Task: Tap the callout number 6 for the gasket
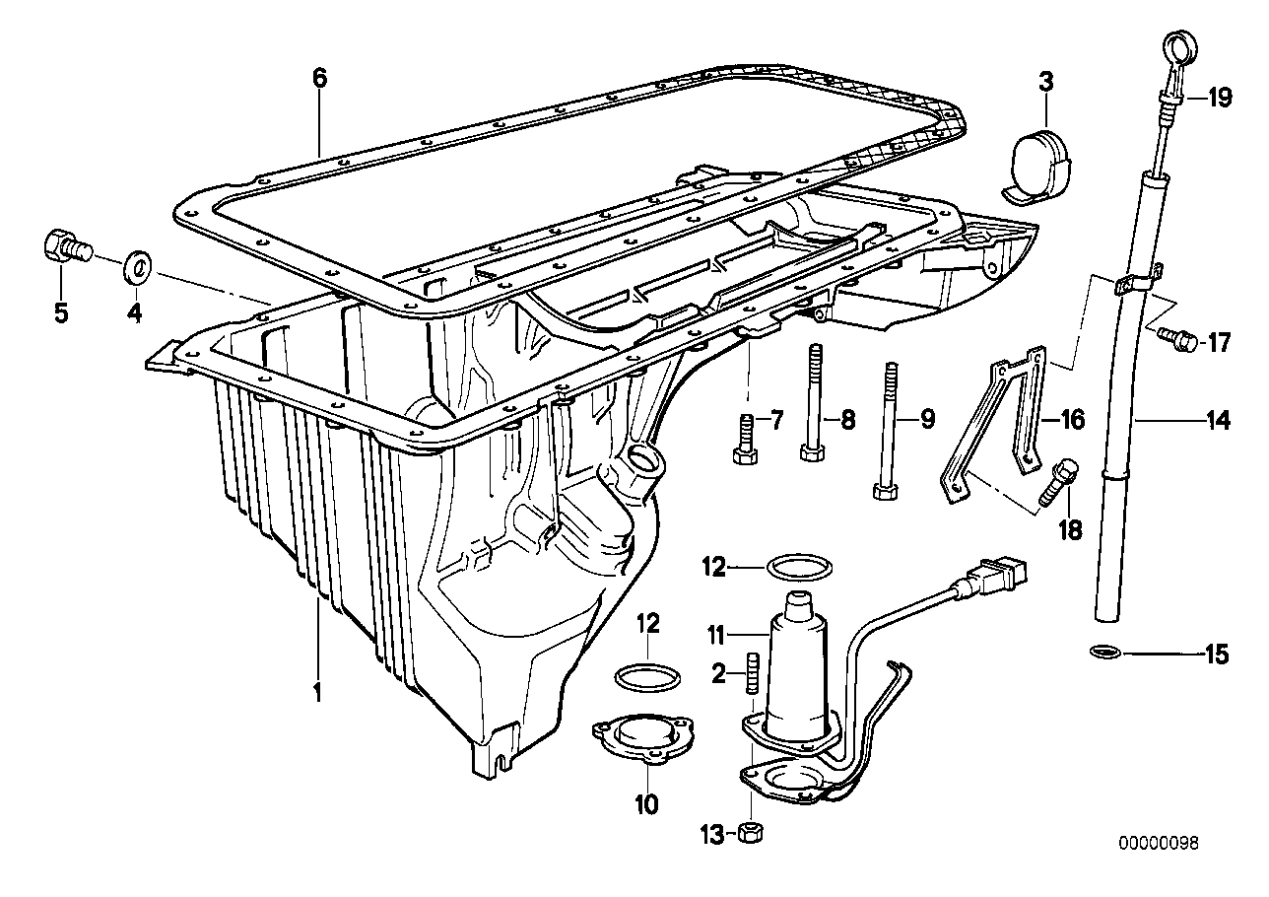pos(319,79)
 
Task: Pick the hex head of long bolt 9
pos(883,489)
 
